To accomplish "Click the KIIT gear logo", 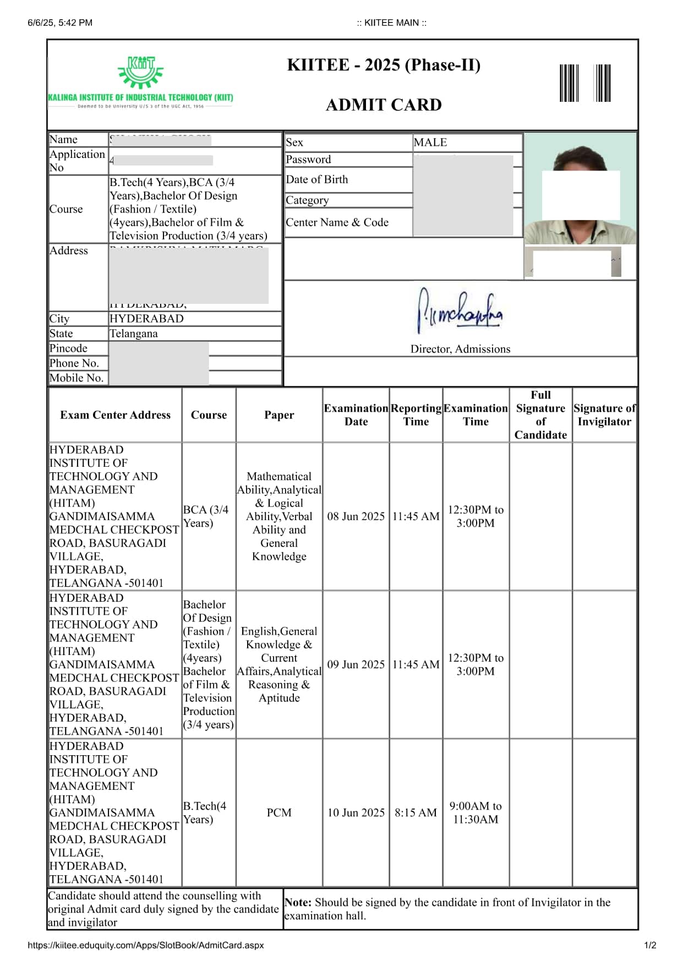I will tap(140, 72).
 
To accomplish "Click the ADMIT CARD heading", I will tap(384, 105).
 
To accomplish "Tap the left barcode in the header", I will tap(569, 83).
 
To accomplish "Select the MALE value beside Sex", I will tap(430, 143).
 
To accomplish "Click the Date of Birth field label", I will tap(316, 179).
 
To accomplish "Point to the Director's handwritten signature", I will tap(460, 312).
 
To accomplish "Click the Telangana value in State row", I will tap(133, 334).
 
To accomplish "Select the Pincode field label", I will tap(68, 348).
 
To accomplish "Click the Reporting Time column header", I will tap(416, 415).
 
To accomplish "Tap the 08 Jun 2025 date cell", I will tap(356, 516).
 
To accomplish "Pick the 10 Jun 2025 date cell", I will tap(356, 812).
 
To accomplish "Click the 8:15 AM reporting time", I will tap(416, 812).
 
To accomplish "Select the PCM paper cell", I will tap(279, 812).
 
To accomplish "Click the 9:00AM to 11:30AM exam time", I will tap(476, 812).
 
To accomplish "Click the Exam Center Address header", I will tap(115, 415).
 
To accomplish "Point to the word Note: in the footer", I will tap(298, 902).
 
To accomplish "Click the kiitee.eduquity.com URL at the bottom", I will tap(146, 945).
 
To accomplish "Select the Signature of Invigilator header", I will tap(604, 415).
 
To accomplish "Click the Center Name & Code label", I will tap(337, 222).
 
